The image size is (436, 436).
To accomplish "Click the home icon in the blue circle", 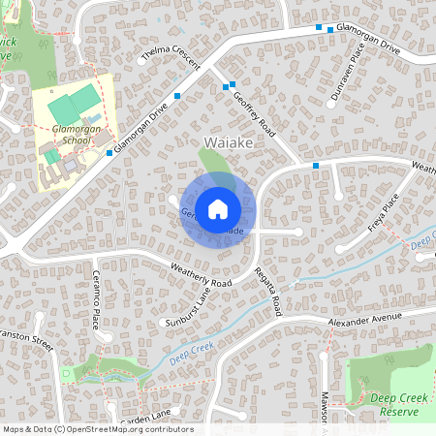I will (218, 207).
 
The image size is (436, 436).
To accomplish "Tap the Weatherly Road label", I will (201, 274).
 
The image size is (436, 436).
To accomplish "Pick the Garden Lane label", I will (145, 414).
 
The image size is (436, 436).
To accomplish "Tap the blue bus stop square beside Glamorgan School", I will (109, 153).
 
